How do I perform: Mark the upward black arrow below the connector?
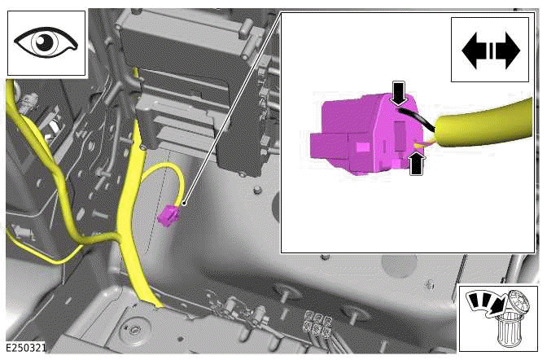(417, 165)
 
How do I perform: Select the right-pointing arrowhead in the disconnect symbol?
(507, 50)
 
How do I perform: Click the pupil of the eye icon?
(46, 41)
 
